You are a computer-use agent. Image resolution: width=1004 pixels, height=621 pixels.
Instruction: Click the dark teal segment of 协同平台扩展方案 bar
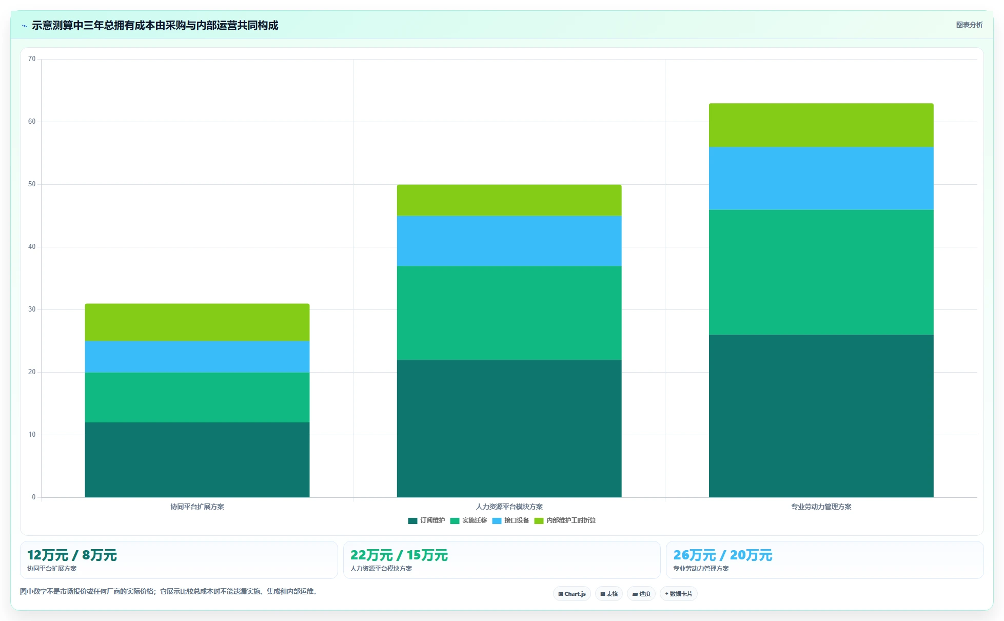point(197,460)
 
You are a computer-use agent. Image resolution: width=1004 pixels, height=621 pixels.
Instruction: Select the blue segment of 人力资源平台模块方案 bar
point(509,241)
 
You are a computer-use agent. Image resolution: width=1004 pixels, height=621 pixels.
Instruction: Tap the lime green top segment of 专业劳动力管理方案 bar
point(821,125)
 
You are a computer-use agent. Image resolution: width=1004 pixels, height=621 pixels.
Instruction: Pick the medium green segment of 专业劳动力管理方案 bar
point(821,273)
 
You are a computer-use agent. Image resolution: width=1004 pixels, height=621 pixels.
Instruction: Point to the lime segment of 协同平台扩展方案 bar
point(197,322)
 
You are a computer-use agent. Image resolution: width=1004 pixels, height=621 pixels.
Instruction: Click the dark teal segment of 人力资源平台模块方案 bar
point(509,429)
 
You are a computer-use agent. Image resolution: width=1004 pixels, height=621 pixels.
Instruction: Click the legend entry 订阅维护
point(426,520)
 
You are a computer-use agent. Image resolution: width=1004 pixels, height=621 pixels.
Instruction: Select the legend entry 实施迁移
point(468,520)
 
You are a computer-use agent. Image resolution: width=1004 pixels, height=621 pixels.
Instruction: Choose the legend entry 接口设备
point(510,520)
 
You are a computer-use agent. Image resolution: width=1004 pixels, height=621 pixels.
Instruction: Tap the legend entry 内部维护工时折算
point(565,520)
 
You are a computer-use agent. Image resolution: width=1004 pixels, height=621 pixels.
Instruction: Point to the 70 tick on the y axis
point(32,59)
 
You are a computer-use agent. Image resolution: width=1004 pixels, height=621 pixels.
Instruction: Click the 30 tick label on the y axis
point(32,309)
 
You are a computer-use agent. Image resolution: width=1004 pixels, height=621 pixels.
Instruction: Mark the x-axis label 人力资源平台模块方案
point(509,507)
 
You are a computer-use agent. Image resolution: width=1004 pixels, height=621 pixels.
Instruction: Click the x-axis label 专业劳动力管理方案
point(821,507)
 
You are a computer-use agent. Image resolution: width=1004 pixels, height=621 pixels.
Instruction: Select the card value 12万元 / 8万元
point(72,555)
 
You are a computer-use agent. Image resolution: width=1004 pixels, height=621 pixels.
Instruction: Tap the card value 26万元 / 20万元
point(722,555)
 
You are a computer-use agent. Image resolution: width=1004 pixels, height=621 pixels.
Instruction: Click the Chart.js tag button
point(572,594)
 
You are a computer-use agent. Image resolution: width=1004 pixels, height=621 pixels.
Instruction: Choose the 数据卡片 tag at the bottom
point(678,594)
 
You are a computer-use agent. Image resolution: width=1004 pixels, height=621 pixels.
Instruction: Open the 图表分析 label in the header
point(969,25)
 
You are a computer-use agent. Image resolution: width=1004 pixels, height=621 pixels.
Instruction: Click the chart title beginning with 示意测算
point(155,25)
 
